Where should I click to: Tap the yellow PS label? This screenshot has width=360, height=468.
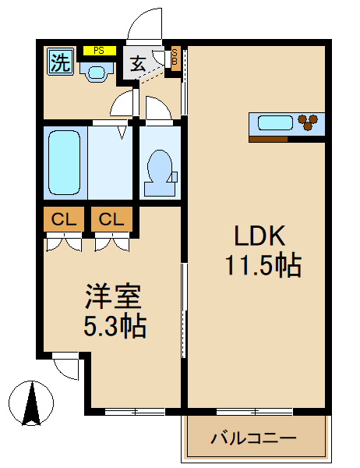[x=99, y=51]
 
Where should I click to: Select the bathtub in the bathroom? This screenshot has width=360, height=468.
[x=65, y=163]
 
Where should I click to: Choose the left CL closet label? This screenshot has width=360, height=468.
[x=63, y=220]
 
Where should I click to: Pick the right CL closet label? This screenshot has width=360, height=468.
[x=111, y=220]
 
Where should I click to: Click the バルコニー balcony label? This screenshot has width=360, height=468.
[x=253, y=438]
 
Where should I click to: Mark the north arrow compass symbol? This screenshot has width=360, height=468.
[x=31, y=402]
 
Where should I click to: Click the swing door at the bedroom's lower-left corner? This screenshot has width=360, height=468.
[x=67, y=365]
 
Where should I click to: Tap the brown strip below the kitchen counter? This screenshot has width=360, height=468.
[x=268, y=139]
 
